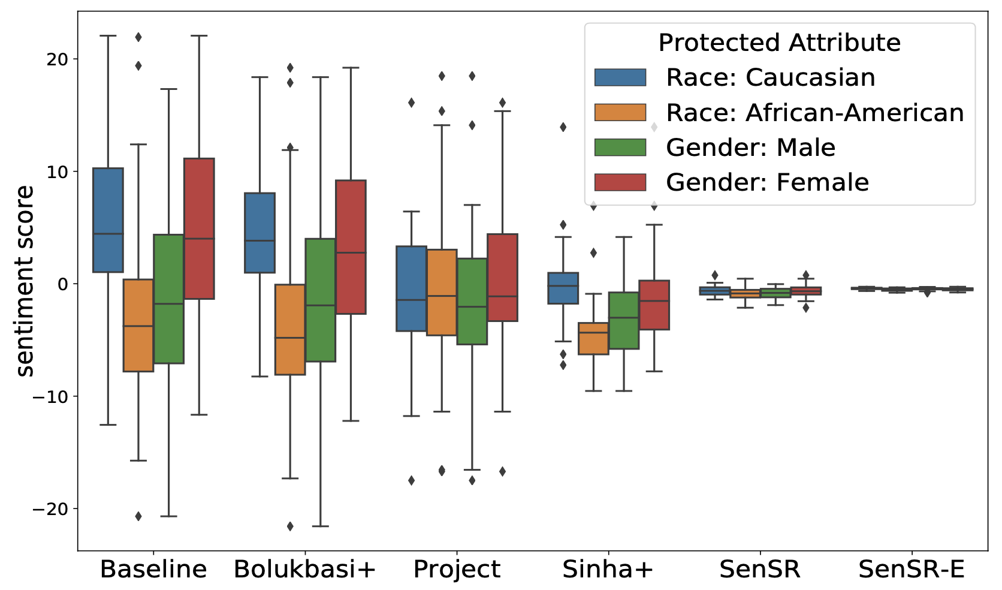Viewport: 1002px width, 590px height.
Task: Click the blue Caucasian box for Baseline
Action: point(108,219)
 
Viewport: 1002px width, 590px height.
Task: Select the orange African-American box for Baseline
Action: point(138,325)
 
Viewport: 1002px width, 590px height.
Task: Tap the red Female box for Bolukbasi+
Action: point(351,246)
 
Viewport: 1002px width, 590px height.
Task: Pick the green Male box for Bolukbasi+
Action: point(320,300)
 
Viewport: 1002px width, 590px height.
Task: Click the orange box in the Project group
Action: point(442,292)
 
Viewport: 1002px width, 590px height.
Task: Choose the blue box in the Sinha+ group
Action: point(563,288)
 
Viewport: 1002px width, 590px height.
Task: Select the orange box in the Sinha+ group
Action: point(593,338)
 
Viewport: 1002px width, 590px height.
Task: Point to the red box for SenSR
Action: point(806,291)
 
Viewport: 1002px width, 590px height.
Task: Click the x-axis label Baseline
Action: point(153,569)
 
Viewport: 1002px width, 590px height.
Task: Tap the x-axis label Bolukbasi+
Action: point(304,569)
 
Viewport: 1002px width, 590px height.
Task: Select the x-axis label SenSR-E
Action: point(912,569)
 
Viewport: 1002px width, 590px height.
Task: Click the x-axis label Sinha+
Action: point(608,569)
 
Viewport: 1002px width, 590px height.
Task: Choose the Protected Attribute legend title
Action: point(779,43)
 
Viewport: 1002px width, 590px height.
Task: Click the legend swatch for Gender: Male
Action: point(620,147)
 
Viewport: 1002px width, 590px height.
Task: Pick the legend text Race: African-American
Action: point(815,113)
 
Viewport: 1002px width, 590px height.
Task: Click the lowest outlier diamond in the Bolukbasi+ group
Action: point(290,526)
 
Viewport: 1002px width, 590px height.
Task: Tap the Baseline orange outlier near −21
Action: point(138,516)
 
